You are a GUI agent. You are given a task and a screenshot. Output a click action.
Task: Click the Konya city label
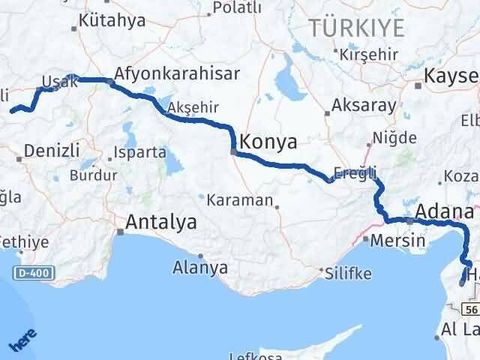tap(268, 142)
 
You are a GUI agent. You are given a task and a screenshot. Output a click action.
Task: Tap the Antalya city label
tap(161, 222)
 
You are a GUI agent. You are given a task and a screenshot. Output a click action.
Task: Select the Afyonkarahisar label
tap(175, 73)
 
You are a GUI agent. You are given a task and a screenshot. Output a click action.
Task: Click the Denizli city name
tap(52, 150)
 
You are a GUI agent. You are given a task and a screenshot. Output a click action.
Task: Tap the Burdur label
tap(93, 175)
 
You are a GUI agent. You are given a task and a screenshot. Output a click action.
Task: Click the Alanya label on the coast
tap(200, 266)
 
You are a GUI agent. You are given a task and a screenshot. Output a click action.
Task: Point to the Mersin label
tap(392, 241)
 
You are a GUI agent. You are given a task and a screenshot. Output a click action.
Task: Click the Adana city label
tap(445, 210)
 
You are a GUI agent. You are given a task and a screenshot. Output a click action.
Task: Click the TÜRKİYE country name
tap(357, 28)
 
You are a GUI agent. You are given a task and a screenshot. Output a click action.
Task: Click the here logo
tap(24, 338)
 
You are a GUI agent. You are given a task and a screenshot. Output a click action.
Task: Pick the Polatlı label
tap(237, 7)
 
